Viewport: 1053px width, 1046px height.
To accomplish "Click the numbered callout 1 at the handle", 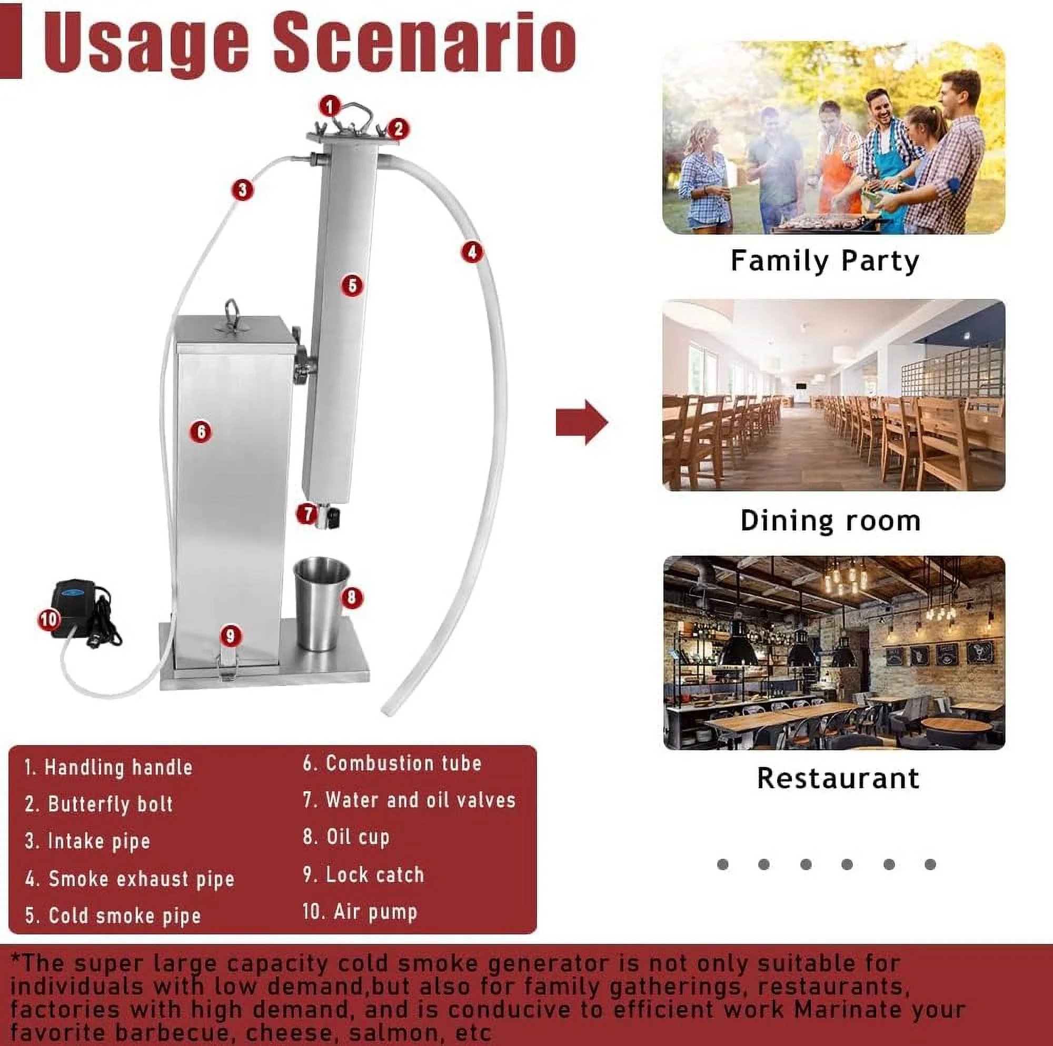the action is [x=330, y=106].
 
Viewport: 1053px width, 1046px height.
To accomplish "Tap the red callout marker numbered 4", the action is [x=472, y=252].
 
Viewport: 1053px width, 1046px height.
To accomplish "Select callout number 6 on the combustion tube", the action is [x=201, y=431].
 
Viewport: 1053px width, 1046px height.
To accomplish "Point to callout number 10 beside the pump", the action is [x=49, y=619].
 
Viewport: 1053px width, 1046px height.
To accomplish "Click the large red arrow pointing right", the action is [x=582, y=422].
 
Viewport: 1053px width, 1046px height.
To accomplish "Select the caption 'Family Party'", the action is [x=824, y=260].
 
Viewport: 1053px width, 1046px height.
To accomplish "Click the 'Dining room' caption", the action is [x=831, y=520].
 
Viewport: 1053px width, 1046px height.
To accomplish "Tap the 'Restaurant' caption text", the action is [x=838, y=778].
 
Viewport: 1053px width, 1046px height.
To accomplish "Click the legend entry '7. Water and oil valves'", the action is [x=409, y=800].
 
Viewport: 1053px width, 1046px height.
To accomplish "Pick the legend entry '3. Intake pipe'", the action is [x=87, y=841].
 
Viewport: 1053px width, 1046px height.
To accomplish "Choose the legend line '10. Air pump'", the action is [x=360, y=911].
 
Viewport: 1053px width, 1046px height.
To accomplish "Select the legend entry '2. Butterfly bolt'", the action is [x=98, y=804].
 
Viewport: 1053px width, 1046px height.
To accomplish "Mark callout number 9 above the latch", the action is [x=231, y=635].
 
